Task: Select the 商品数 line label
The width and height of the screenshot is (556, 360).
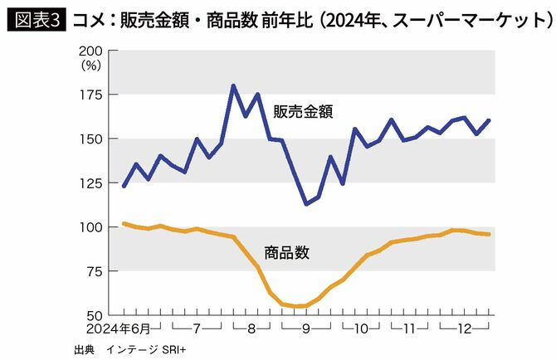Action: (286, 252)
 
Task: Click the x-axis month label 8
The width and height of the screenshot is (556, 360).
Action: (251, 328)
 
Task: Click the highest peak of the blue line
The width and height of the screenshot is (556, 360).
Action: (232, 85)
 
